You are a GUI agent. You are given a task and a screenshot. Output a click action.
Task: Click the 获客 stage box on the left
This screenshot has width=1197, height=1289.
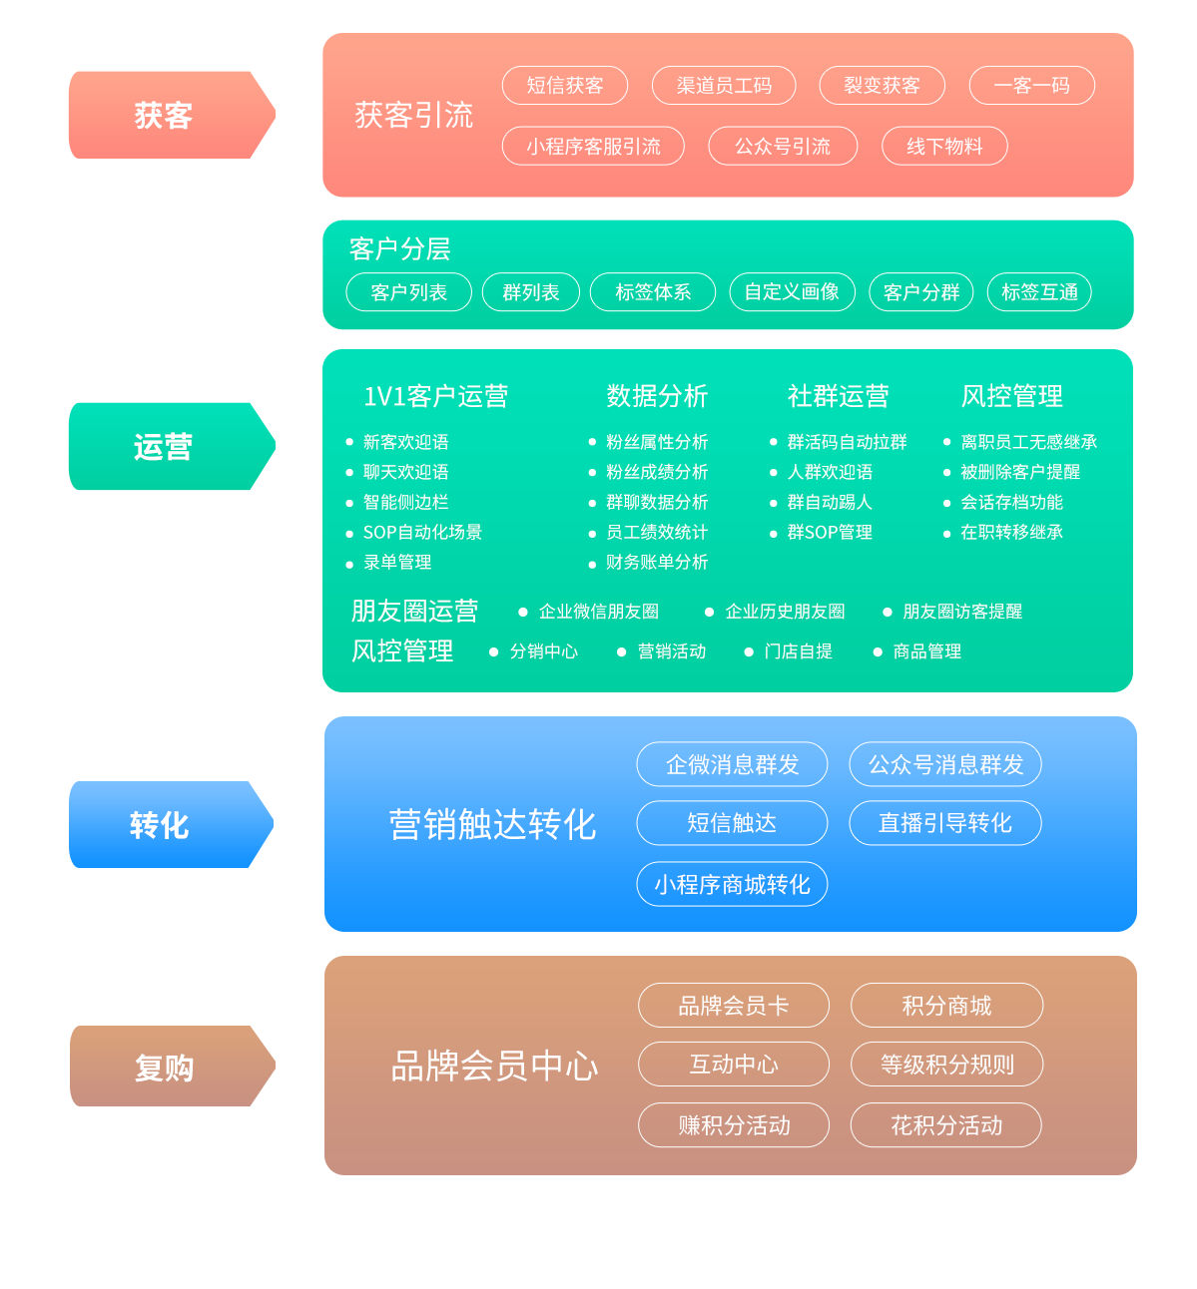[x=172, y=115]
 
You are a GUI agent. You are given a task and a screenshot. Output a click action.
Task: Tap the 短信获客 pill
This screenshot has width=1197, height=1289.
[x=565, y=86]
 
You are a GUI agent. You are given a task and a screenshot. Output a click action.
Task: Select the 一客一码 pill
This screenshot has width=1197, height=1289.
[x=1031, y=86]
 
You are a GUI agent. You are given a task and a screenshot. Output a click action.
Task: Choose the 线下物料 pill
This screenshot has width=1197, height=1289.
[x=944, y=147]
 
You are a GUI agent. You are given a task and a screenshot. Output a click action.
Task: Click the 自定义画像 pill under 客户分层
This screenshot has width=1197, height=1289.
[x=792, y=292]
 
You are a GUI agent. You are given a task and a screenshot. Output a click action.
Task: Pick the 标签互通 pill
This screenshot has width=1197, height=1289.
[x=1039, y=292]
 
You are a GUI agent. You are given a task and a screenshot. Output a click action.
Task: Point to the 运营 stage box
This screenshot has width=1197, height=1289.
[x=171, y=446]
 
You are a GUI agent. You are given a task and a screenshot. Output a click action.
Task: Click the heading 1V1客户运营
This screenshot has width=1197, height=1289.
[x=435, y=396]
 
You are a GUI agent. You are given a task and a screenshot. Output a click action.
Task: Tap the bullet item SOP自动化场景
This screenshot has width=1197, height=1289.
[x=422, y=532]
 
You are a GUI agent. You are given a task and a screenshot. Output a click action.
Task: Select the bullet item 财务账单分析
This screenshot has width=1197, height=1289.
[x=656, y=562]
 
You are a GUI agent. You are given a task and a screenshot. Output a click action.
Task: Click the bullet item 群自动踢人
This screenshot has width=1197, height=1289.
[x=829, y=502]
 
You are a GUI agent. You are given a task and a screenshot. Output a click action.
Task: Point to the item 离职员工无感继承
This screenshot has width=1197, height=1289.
[x=1028, y=442]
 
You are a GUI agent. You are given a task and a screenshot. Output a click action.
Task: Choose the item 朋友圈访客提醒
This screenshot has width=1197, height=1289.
[x=961, y=612]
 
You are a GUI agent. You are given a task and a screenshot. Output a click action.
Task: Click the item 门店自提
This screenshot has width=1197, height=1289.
[x=798, y=651]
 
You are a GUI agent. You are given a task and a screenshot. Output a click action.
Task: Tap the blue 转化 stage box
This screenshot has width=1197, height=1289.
[x=171, y=824]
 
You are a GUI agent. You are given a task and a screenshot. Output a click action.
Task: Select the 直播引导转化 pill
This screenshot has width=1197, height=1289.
[x=944, y=823]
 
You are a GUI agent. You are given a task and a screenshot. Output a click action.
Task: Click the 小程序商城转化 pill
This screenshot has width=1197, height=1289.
[x=732, y=884]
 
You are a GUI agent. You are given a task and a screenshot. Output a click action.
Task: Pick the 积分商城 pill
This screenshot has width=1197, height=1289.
[x=946, y=1006]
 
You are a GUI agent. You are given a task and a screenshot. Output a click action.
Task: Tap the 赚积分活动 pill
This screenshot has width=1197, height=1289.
[x=734, y=1125]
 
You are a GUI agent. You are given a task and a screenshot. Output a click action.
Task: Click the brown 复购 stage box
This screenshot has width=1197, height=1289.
[x=172, y=1067]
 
